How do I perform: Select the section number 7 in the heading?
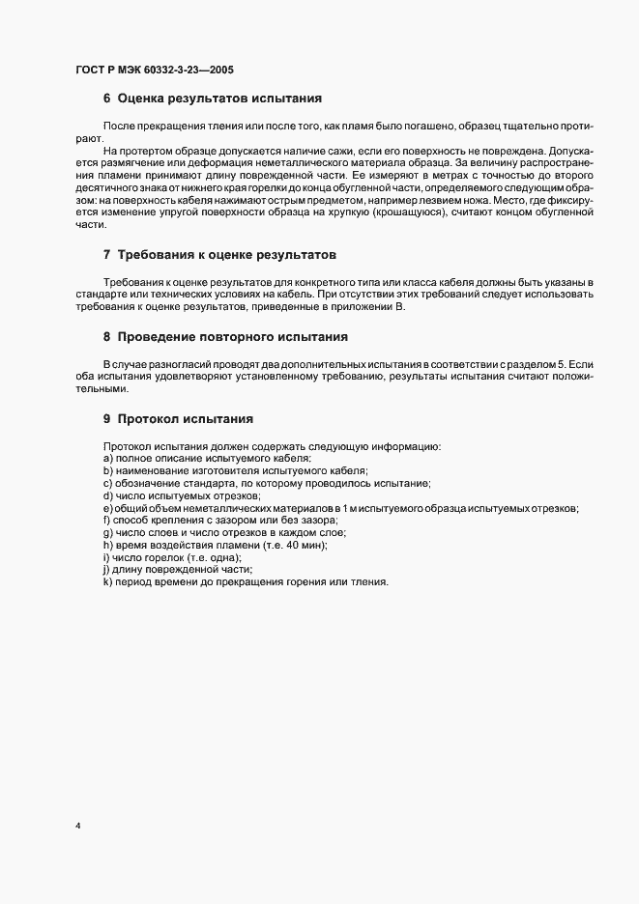pos(107,255)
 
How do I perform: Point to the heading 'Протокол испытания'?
pos(185,419)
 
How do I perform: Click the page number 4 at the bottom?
pos(77,826)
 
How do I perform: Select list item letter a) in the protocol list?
pos(108,459)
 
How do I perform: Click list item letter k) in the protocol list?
pos(108,583)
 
